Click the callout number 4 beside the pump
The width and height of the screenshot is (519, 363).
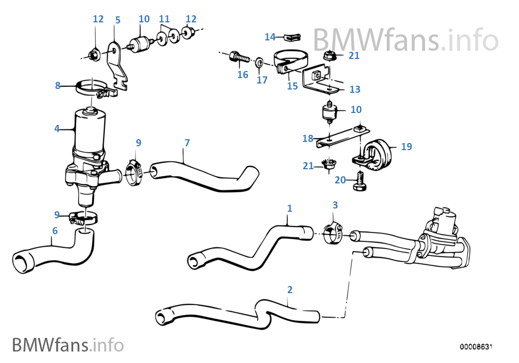[x=57, y=129]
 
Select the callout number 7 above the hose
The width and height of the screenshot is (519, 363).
[x=187, y=143]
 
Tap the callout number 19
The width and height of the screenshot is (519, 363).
[x=406, y=146]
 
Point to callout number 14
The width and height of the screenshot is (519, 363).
[x=270, y=37]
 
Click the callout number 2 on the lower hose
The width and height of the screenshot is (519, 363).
[x=290, y=289]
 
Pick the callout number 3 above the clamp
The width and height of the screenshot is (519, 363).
[x=335, y=205]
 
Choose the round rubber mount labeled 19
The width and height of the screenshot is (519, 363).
[x=376, y=150]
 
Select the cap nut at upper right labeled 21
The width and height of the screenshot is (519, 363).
[x=329, y=55]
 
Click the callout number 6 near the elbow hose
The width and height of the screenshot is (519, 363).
[x=55, y=231]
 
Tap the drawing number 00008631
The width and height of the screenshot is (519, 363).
[x=476, y=347]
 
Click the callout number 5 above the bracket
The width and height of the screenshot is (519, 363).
[x=117, y=20]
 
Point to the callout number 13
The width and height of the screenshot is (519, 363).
[x=355, y=90]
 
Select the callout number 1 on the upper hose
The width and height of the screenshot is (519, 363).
[x=290, y=208]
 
